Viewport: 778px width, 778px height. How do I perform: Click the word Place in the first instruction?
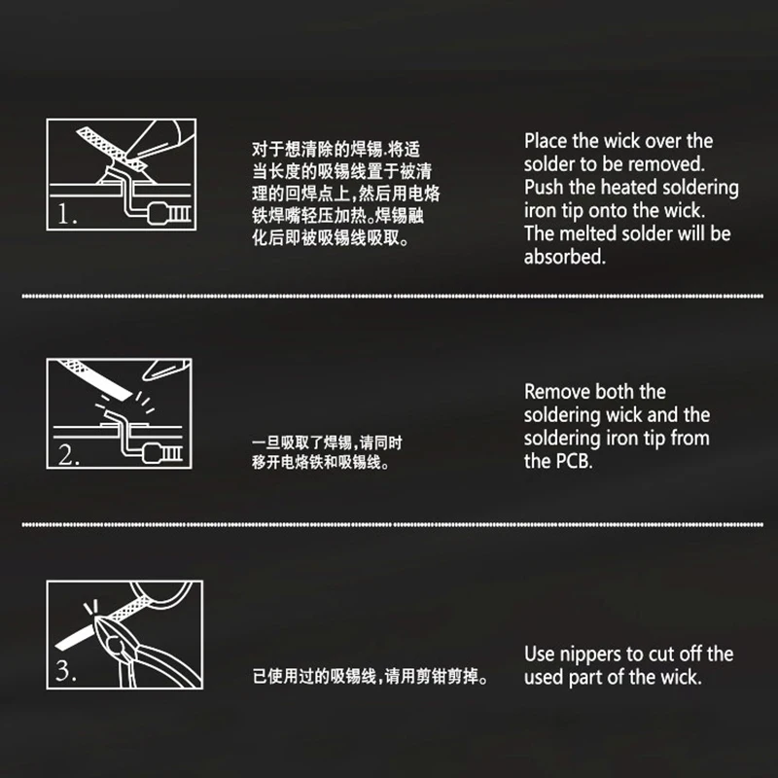548,141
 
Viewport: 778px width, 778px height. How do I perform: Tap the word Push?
545,188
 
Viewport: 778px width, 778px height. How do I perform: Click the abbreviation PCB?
573,462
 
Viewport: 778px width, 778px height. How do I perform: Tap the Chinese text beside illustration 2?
327,453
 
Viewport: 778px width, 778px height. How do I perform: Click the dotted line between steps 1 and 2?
389,294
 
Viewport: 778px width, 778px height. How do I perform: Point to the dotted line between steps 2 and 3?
389,524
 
